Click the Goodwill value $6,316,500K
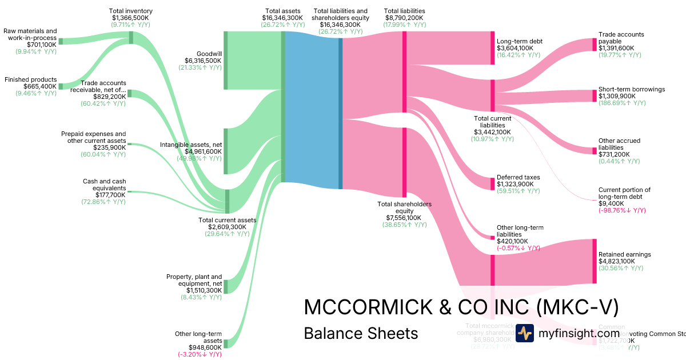pyautogui.click(x=203, y=61)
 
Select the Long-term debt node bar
pyautogui.click(x=492, y=48)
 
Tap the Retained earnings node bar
pyautogui.click(x=595, y=261)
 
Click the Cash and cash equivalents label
pyautogui.click(x=104, y=185)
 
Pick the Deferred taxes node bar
pyautogui.click(x=492, y=183)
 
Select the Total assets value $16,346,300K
pyautogui.click(x=282, y=18)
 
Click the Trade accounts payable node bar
pyautogui.click(x=595, y=45)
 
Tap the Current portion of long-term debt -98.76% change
pyautogui.click(x=622, y=210)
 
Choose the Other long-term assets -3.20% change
pyautogui.click(x=200, y=354)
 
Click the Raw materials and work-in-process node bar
pyautogui.click(x=61, y=41)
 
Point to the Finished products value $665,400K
pyautogui.click(x=40, y=86)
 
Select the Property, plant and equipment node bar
pyautogui.click(x=226, y=286)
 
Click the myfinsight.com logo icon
pyautogui.click(x=524, y=333)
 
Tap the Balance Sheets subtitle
pyautogui.click(x=361, y=333)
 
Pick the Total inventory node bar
pyautogui.click(x=131, y=38)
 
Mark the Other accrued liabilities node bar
pyautogui.click(x=595, y=151)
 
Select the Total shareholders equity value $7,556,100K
pyautogui.click(x=404, y=218)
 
